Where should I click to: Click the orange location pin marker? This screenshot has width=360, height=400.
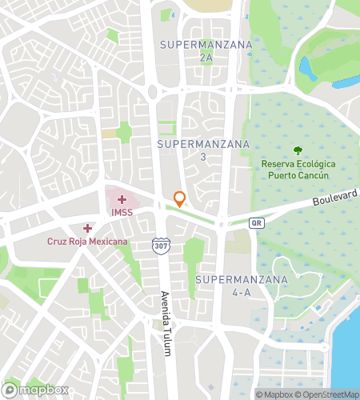[180, 198]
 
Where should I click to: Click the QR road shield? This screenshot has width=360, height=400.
[256, 222]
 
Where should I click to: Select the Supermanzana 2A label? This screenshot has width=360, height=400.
[206, 50]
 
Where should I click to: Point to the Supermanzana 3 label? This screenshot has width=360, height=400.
[203, 150]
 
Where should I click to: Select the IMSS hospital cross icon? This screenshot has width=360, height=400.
[122, 198]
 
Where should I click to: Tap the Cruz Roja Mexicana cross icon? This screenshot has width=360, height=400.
[88, 228]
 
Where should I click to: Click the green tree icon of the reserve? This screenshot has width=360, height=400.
[298, 150]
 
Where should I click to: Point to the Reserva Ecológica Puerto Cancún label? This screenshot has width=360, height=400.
[298, 170]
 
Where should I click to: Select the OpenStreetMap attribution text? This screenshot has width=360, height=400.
[327, 394]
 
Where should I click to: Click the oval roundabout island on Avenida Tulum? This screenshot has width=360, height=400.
[152, 92]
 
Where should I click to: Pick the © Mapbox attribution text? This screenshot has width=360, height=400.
[274, 394]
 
